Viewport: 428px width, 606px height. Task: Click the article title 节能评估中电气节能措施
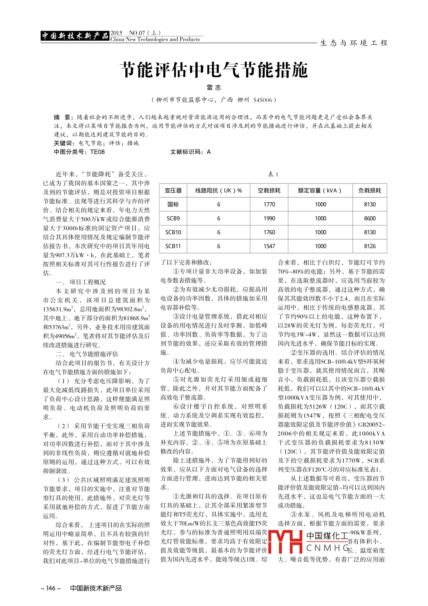coord(214,70)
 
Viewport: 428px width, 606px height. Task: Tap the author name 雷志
coord(214,88)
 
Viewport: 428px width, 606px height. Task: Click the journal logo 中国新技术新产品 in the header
coord(75,36)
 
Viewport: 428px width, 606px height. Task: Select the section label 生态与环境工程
coord(354,43)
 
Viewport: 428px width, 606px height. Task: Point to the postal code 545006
coord(263,100)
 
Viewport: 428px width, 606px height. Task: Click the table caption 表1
coord(273,174)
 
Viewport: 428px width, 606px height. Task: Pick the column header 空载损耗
coord(269,191)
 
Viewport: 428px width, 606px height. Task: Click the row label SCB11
coord(173,246)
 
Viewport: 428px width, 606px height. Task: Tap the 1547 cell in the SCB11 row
coord(269,246)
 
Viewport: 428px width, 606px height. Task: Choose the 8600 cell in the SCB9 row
coord(370,218)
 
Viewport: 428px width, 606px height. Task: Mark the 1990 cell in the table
coord(269,218)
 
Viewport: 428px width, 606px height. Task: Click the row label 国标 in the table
coord(173,204)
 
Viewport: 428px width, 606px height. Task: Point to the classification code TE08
coord(97,152)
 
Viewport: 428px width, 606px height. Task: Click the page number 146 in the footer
coord(51,588)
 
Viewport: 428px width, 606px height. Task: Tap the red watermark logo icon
coord(285,542)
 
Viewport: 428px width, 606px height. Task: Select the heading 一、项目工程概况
coord(81,282)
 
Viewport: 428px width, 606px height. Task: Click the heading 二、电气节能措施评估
coord(87,354)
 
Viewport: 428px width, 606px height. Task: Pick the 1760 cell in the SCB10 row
coord(269,232)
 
